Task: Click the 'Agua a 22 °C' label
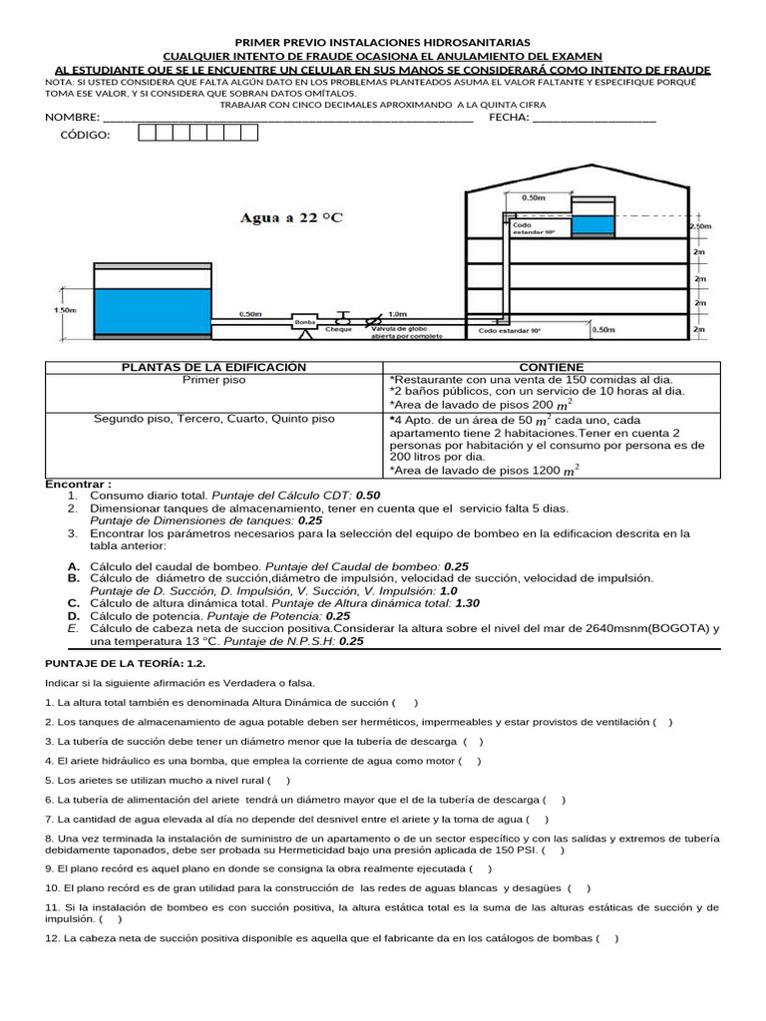(x=289, y=218)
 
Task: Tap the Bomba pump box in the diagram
(x=305, y=322)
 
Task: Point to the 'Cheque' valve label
(x=338, y=330)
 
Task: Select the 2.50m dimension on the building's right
(x=699, y=227)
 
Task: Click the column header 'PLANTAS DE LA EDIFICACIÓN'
(x=214, y=368)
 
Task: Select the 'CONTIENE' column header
(x=552, y=368)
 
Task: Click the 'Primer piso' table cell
(x=214, y=380)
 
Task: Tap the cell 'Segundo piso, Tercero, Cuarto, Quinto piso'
(x=214, y=419)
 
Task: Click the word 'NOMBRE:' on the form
(x=72, y=118)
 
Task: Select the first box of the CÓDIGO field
(x=147, y=134)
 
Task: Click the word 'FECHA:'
(x=509, y=118)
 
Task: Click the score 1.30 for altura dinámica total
(x=467, y=603)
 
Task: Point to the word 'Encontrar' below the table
(x=76, y=484)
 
